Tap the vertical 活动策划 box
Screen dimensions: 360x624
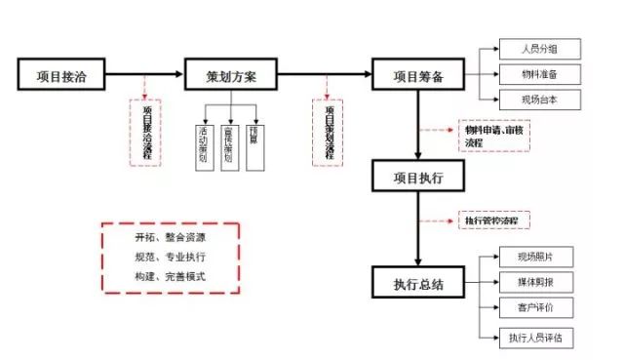tap(204, 145)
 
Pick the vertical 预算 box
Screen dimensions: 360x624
tap(254, 145)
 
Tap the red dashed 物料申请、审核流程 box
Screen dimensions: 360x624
tap(493, 137)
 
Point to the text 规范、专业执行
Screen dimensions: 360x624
tap(171, 257)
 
